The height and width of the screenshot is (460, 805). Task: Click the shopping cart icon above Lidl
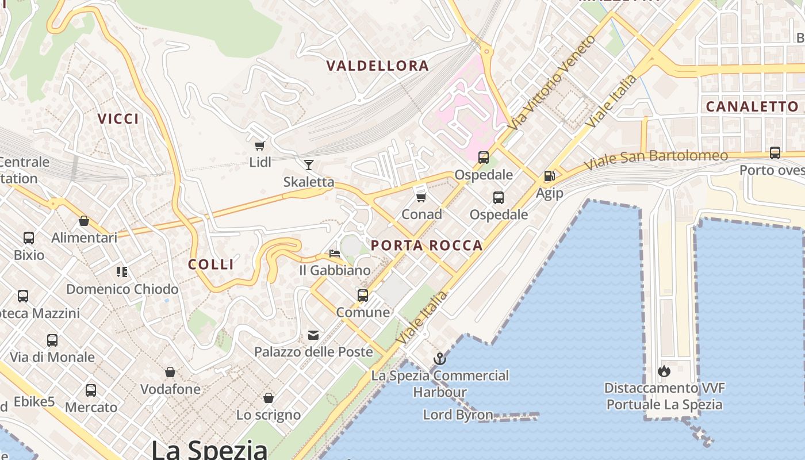(x=259, y=145)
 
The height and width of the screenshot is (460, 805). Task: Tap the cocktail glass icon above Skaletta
(x=309, y=165)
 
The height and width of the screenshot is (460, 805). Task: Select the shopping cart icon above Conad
(x=421, y=197)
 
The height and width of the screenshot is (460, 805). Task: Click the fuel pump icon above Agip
(x=549, y=176)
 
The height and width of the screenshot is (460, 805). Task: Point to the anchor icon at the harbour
(x=440, y=359)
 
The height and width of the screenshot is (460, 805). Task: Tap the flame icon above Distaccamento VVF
(x=664, y=371)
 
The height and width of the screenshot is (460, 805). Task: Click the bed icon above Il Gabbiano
(x=335, y=253)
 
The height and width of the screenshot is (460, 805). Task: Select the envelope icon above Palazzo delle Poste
(x=313, y=335)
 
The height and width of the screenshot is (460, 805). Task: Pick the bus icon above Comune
(x=363, y=296)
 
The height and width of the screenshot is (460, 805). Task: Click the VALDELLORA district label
(x=378, y=66)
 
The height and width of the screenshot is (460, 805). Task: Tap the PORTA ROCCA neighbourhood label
(x=427, y=246)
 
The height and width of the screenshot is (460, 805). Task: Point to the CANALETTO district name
(x=752, y=106)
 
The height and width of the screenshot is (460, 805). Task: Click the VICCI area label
(x=118, y=119)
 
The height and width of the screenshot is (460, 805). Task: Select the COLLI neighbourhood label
(x=211, y=264)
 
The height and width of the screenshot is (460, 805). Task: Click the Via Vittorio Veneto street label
(x=553, y=82)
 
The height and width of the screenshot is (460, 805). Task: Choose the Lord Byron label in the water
(x=458, y=415)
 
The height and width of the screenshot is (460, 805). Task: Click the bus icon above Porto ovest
(x=775, y=153)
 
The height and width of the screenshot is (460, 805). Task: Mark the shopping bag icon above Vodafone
(x=170, y=372)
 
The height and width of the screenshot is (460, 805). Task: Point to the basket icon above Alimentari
(x=84, y=221)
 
